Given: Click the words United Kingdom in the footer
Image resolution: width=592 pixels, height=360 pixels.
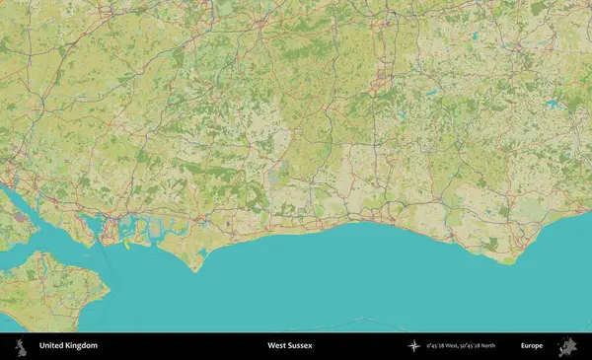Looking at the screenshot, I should [68, 346].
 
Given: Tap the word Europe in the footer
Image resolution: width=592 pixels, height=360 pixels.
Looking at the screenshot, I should [532, 346].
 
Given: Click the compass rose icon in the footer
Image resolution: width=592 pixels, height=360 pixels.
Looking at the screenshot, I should [413, 346].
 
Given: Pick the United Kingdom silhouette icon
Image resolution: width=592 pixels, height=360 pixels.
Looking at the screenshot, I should [19, 346].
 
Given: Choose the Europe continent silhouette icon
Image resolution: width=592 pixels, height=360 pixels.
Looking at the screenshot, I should [568, 346].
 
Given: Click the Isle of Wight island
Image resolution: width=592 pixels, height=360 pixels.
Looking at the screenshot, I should [54, 291].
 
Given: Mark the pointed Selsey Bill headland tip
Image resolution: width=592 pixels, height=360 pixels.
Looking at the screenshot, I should [195, 271].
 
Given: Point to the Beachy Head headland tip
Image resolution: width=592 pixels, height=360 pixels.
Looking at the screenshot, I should [509, 263].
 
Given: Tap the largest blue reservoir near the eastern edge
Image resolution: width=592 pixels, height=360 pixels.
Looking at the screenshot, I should [552, 102].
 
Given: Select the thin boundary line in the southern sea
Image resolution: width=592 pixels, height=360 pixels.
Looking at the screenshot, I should [365, 320].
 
